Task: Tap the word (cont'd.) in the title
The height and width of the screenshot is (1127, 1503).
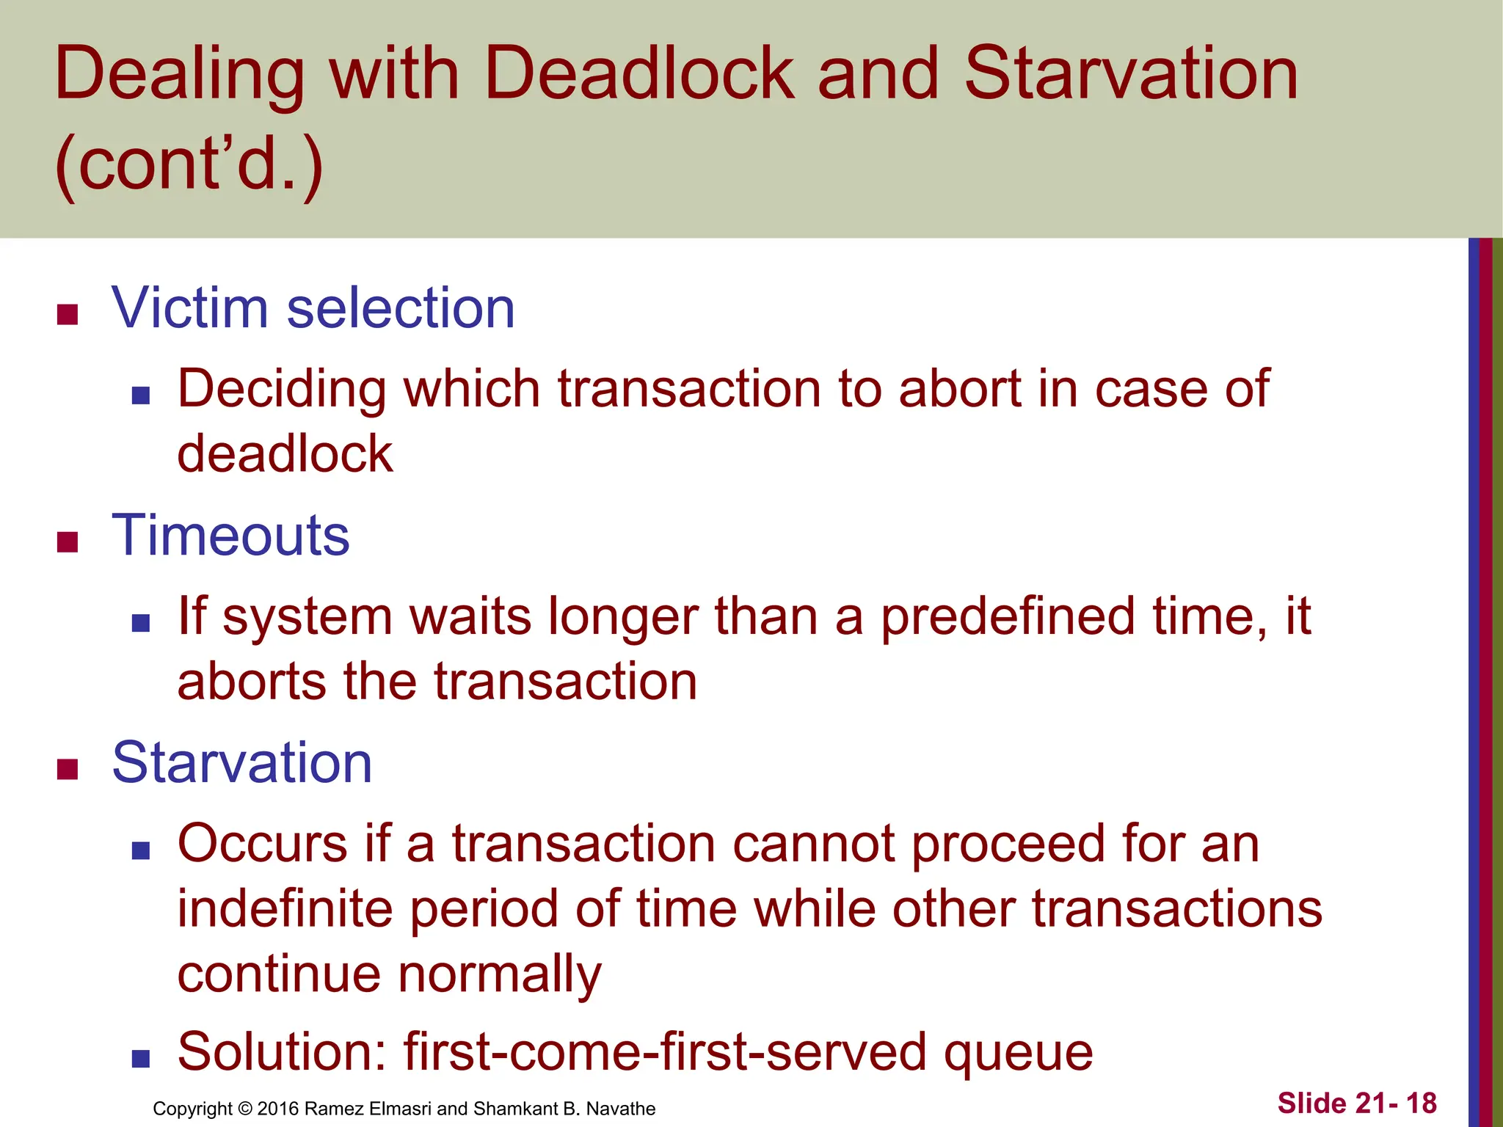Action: pyautogui.click(x=189, y=163)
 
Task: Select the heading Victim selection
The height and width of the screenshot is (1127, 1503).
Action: pyautogui.click(x=313, y=308)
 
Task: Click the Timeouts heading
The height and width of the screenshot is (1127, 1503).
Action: pyautogui.click(x=230, y=536)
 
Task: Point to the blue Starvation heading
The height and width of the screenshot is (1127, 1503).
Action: pyautogui.click(x=242, y=763)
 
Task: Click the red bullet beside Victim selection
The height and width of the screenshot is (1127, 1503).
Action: pyautogui.click(x=68, y=315)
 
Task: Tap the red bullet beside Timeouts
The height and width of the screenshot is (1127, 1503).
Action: pyautogui.click(x=68, y=542)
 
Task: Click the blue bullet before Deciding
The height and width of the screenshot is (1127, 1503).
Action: pyautogui.click(x=141, y=396)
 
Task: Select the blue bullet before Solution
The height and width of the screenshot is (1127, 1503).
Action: pyautogui.click(x=141, y=1059)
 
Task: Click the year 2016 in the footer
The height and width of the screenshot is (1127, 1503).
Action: pyautogui.click(x=278, y=1109)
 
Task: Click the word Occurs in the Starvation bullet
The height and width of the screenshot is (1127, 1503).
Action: pyautogui.click(x=262, y=844)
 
